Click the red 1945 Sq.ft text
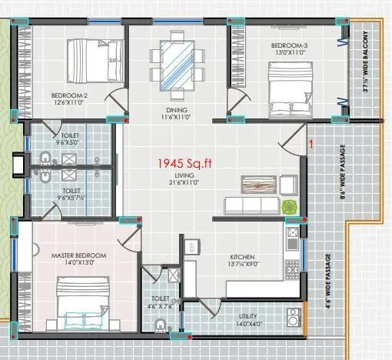(183, 163)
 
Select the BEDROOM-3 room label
(289, 46)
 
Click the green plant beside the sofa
(289, 205)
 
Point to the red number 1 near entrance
(311, 144)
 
